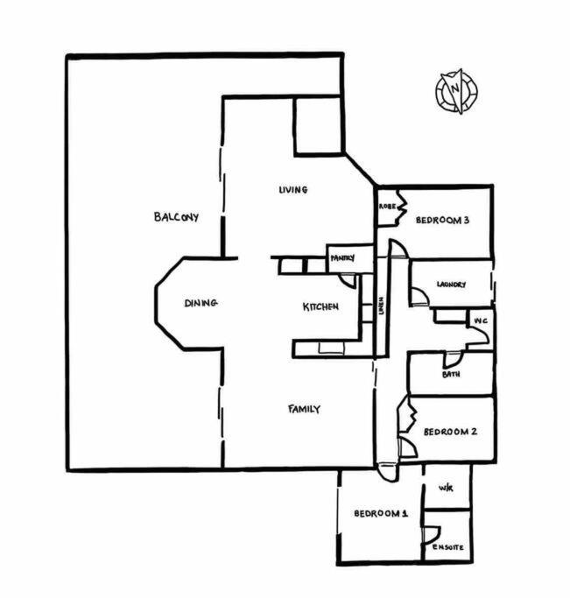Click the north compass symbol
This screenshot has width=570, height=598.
[x=456, y=92]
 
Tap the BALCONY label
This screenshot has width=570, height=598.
[x=176, y=217]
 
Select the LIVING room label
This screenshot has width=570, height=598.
[x=292, y=189]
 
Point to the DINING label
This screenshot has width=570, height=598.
[x=201, y=303]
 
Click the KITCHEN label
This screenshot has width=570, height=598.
[x=320, y=306]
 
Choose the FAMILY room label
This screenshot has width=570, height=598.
[x=304, y=409]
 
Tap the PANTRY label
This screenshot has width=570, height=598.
[x=342, y=258]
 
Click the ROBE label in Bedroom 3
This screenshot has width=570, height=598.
[x=387, y=207]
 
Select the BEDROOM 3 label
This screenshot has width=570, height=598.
[x=442, y=220]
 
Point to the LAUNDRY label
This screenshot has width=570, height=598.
[x=451, y=285]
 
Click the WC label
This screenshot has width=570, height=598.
[x=481, y=321]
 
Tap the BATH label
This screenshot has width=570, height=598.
[x=451, y=375]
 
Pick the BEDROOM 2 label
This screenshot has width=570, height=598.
[x=450, y=432]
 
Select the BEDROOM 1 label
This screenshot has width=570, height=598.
[x=381, y=513]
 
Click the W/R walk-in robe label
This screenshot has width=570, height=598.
[x=446, y=488]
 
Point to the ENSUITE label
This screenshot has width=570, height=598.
[x=448, y=547]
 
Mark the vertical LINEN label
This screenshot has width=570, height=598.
[x=382, y=306]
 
